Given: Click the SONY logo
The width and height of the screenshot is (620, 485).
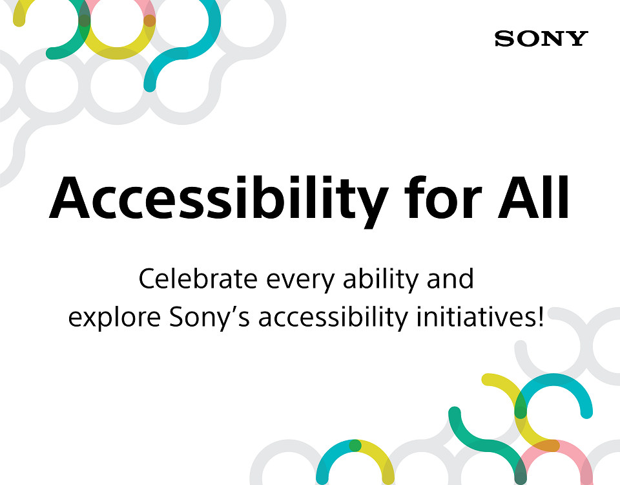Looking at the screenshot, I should [541, 39].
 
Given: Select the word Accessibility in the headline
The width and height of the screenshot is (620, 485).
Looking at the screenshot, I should [214, 198].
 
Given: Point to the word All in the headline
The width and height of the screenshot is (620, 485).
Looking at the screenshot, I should [533, 197].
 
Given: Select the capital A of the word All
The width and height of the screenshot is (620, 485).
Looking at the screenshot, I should [500, 197].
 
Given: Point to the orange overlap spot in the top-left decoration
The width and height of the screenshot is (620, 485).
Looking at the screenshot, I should [149, 21].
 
